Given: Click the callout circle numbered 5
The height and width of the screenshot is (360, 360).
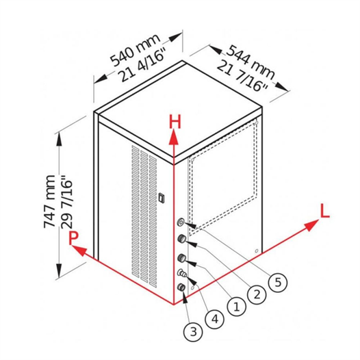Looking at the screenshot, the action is click(x=278, y=283).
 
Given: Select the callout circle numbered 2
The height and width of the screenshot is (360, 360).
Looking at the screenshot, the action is click(x=257, y=294).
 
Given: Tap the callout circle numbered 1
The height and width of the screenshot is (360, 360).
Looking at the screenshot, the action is click(x=236, y=307).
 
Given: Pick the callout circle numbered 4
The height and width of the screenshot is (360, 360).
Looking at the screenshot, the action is click(x=215, y=320).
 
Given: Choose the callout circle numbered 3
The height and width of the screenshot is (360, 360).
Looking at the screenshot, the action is click(x=194, y=332).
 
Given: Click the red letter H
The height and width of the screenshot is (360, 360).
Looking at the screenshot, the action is click(x=175, y=122).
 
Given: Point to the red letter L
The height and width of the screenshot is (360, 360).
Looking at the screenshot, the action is click(x=324, y=211).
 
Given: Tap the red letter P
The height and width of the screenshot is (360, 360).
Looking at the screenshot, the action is click(x=73, y=239).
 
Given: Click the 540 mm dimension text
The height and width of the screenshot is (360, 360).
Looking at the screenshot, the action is click(x=135, y=50).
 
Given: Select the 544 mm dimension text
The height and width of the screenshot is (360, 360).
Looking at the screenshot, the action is click(x=250, y=63).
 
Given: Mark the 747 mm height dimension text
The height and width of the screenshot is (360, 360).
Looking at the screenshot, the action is click(x=49, y=202).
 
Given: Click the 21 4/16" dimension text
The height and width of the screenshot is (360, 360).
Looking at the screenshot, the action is click(x=142, y=64).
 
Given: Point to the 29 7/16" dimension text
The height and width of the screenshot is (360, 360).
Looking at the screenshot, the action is click(x=67, y=202).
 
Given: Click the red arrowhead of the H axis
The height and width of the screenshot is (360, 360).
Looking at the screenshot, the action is click(x=174, y=137).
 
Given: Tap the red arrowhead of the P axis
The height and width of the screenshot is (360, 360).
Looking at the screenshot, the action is click(x=79, y=250).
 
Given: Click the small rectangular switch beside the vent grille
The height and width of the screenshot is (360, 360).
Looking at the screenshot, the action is click(x=162, y=198).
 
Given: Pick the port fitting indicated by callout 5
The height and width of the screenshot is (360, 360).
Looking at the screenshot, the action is click(x=181, y=222).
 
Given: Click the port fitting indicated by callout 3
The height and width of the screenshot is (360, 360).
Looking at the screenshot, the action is click(x=181, y=287).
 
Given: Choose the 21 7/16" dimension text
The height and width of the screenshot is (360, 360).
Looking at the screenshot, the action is click(x=242, y=76).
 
